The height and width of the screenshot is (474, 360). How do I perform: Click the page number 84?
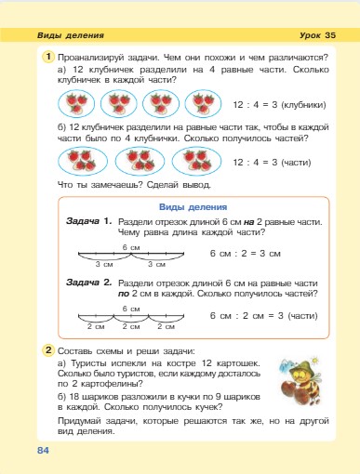tap(43, 451)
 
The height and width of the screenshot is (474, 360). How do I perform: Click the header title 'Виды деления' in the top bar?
tap(70, 35)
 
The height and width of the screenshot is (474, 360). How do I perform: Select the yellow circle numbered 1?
tap(47, 58)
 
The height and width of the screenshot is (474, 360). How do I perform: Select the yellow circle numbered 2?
tap(47, 350)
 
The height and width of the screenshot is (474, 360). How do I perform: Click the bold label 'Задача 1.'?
tap(89, 221)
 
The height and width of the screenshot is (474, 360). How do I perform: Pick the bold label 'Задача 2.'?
tap(89, 282)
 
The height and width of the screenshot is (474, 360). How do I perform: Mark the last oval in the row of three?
tap(194, 162)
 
